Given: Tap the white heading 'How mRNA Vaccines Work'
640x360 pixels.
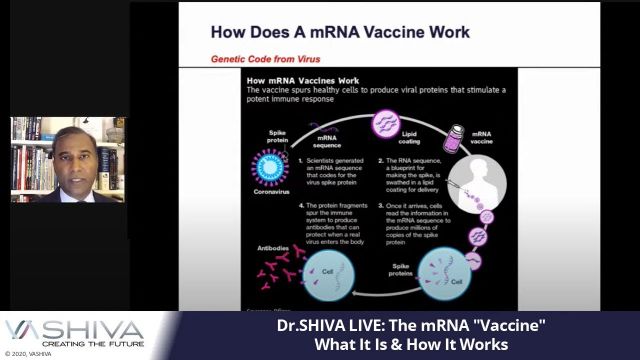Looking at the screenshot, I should pos(300,78).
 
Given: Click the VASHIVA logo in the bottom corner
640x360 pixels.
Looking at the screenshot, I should pos(75,331).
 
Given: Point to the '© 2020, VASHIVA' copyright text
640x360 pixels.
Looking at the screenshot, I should pos(29,354).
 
